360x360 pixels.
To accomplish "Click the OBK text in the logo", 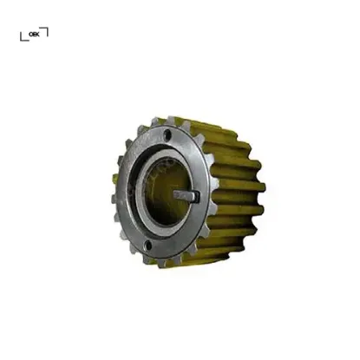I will coord(34,35).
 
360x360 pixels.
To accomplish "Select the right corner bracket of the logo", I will coord(45,31).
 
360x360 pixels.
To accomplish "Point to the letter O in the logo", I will coord(30,35).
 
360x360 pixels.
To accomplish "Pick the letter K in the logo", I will coord(37,35).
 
